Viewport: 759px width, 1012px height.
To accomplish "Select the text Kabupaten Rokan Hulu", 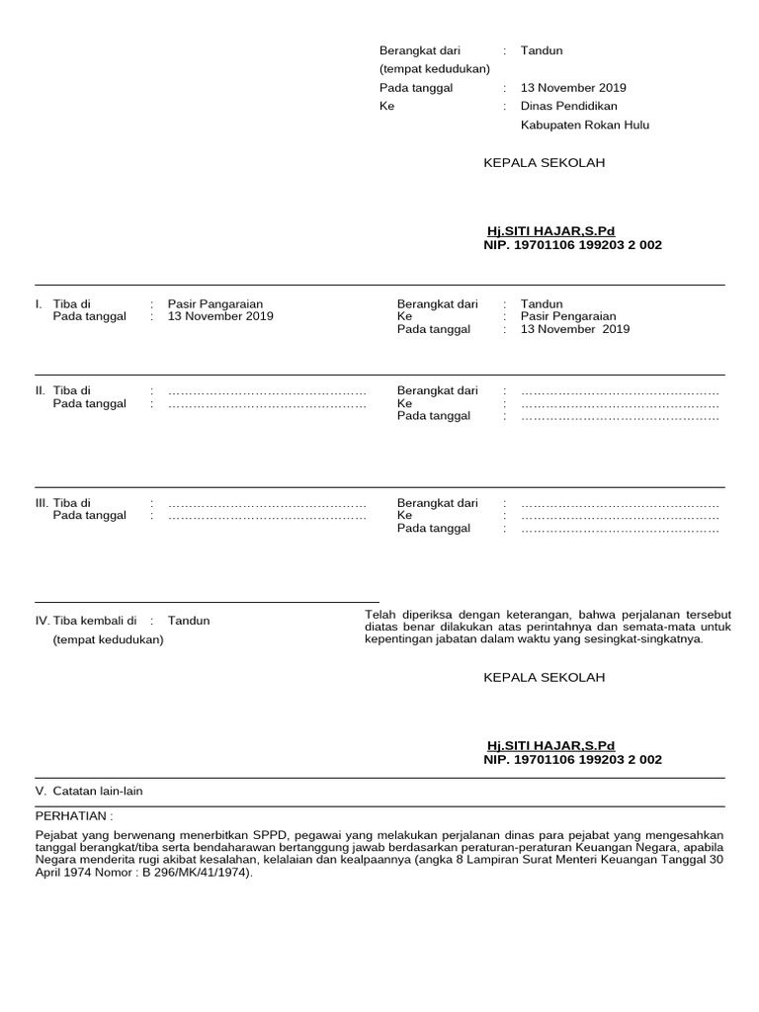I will pos(585,126).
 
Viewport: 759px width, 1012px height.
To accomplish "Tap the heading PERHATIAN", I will pos(73,816).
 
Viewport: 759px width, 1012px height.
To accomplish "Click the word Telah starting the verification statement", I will pos(380,615).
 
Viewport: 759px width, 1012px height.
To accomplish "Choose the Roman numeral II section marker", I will pos(40,391).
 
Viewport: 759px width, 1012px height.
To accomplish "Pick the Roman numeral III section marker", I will pos(42,503).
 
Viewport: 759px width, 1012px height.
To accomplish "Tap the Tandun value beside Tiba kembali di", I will pos(189,621).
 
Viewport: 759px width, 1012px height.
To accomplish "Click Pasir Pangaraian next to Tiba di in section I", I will pos(215,304).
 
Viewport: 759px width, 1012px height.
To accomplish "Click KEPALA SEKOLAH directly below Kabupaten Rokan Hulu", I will pos(544,163).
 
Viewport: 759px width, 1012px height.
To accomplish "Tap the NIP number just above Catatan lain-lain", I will pos(572,760).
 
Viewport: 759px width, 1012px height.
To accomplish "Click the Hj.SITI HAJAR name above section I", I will pos(550,231).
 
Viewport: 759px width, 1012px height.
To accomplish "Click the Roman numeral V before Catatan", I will pos(40,791).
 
